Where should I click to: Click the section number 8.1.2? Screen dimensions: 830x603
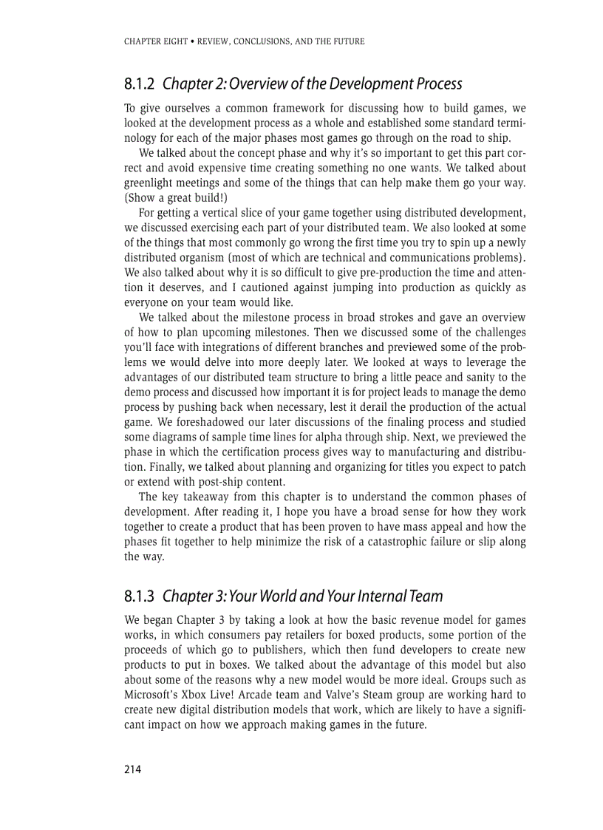pos(140,84)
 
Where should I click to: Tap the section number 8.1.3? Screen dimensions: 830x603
pos(140,595)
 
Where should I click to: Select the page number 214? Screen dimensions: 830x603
pos(132,769)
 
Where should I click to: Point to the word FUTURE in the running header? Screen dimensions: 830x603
pos(348,41)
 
